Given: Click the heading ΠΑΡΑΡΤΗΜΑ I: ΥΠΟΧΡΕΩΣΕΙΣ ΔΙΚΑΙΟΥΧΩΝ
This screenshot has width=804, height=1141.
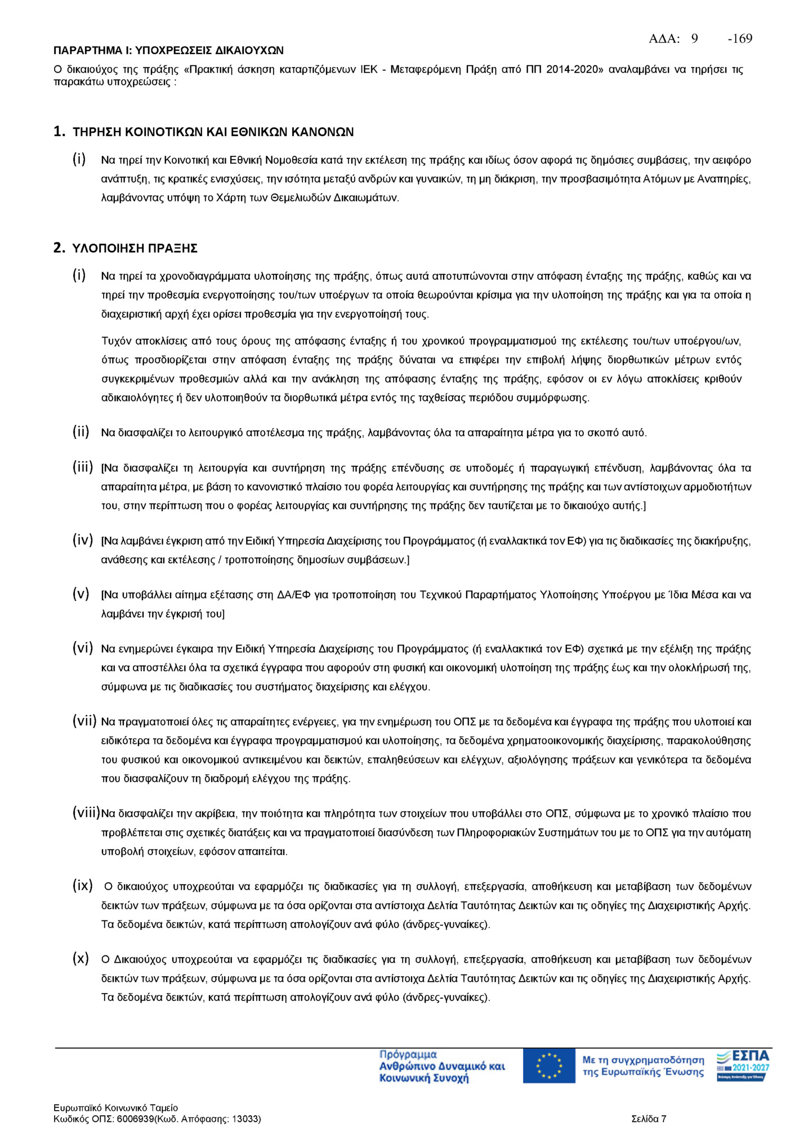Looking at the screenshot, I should point(168,51).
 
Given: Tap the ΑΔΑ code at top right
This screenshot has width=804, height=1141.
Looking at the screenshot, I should point(700,38).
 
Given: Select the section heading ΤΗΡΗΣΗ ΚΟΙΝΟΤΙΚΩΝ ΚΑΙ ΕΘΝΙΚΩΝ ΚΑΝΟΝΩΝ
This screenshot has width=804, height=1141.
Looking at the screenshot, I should point(213,132).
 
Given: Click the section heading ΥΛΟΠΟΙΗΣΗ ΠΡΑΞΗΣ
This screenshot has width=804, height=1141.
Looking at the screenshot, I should point(135,248).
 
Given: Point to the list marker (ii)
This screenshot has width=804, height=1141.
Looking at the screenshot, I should point(81,432).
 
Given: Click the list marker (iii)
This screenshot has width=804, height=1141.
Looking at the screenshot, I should point(82,466).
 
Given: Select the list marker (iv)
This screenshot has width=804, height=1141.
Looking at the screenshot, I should point(82,540).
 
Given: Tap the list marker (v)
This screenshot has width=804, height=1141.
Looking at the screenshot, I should point(81,594).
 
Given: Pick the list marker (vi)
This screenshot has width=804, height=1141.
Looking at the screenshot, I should point(82,648).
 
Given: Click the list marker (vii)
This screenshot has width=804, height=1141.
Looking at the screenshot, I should point(84,721).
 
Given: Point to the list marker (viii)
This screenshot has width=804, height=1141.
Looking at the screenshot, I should point(86,812).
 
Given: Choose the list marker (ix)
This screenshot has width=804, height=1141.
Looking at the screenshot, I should point(82,885).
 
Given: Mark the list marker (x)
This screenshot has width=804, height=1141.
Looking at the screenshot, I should point(81,958).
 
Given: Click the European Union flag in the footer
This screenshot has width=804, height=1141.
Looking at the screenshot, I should point(548,1066).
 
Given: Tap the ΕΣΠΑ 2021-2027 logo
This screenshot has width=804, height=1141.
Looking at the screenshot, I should point(743,1065).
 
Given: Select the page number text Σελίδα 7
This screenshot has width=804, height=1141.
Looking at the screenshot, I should point(649,1119).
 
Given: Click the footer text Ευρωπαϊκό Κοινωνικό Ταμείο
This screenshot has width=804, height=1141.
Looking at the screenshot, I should point(115,1108).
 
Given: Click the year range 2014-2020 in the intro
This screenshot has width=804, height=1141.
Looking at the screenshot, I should point(574,70).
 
